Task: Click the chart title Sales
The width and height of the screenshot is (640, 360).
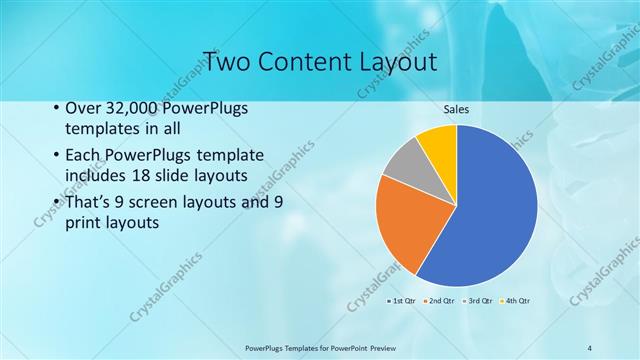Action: [456, 109]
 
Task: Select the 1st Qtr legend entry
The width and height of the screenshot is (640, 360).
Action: [402, 300]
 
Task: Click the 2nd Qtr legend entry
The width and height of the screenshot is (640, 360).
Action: [440, 300]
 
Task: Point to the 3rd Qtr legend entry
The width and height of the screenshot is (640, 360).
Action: [478, 300]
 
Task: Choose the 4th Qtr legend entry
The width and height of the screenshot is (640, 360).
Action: [516, 300]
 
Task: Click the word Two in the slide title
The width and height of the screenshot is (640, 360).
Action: [224, 62]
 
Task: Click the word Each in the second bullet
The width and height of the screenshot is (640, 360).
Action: [82, 157]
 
